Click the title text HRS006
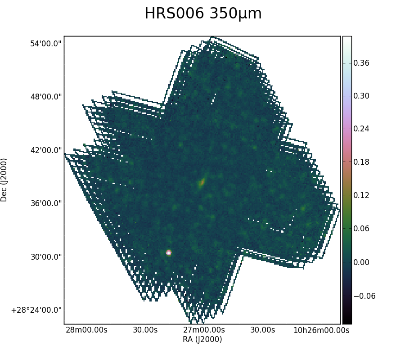click(x=174, y=13)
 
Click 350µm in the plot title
click(x=235, y=14)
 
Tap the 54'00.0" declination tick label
click(x=46, y=44)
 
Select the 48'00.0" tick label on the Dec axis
click(x=46, y=97)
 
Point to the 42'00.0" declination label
click(x=46, y=150)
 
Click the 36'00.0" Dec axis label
click(x=46, y=203)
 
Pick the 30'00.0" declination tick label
click(x=46, y=257)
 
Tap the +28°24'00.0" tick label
click(x=36, y=310)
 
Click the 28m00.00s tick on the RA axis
click(x=86, y=330)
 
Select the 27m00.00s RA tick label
click(x=204, y=330)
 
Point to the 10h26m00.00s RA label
click(x=321, y=330)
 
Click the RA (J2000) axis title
click(x=202, y=339)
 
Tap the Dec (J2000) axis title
click(x=4, y=180)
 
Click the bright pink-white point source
click(x=169, y=253)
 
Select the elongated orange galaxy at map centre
click(x=202, y=182)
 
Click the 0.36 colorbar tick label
click(x=361, y=63)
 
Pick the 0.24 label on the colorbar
click(x=361, y=129)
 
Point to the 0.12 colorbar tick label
click(x=361, y=195)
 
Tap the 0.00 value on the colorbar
click(x=361, y=262)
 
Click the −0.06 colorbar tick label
click(x=364, y=296)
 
